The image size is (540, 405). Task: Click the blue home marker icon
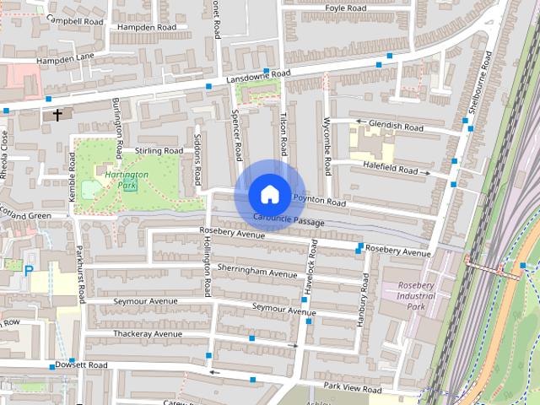pyautogui.click(x=269, y=194)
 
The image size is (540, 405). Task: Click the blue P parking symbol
pyautogui.click(x=30, y=272)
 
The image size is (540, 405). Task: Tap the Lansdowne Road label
pyautogui.click(x=258, y=76)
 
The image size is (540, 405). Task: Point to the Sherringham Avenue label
pyautogui.click(x=257, y=271)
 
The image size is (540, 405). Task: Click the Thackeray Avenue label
pyautogui.click(x=148, y=333)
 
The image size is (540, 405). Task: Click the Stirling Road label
pyautogui.click(x=159, y=150)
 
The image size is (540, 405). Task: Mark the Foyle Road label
pyautogui.click(x=346, y=8)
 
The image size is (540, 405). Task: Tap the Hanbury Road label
pyautogui.click(x=364, y=300)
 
